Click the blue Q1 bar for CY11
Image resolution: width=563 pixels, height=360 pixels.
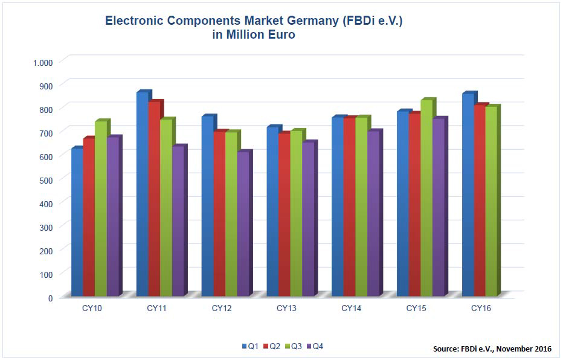point(142,193)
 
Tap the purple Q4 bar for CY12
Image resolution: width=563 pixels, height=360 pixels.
point(243,223)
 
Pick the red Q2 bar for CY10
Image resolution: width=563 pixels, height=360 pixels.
point(89,217)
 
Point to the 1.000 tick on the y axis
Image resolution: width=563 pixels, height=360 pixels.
point(43,62)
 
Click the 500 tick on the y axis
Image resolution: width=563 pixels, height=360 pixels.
point(47,180)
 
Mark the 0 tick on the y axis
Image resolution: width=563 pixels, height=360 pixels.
point(51,298)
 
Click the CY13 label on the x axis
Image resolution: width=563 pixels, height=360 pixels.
point(286,309)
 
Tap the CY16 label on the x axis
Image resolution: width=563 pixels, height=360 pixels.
point(481,309)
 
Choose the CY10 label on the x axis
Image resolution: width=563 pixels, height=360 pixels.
point(91,309)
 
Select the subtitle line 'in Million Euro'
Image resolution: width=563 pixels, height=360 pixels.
point(254,35)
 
